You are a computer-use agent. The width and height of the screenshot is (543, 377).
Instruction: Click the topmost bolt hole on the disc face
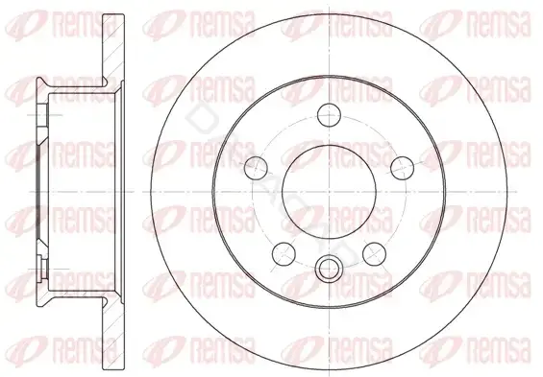click(329, 115)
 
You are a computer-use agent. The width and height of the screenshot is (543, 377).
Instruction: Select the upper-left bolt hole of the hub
click(256, 168)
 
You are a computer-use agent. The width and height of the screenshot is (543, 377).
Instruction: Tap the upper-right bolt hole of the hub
click(402, 168)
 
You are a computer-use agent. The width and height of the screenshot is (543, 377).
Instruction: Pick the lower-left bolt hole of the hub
click(284, 253)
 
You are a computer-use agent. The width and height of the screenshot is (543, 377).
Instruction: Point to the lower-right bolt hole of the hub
click(375, 253)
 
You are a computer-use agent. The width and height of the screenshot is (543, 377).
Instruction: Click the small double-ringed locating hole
click(329, 269)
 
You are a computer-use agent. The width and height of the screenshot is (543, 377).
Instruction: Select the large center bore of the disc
click(329, 192)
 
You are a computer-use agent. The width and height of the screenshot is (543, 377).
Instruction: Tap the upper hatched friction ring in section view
click(113, 48)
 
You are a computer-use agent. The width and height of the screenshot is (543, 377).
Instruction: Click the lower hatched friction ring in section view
click(113, 334)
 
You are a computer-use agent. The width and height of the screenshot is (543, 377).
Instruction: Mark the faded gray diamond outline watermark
click(200, 117)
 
